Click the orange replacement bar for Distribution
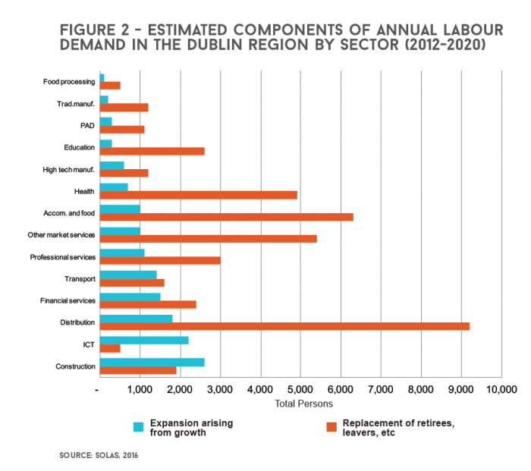click(284, 326)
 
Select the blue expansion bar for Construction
click(152, 362)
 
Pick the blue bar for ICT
click(144, 341)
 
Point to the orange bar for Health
click(198, 195)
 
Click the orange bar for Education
click(152, 151)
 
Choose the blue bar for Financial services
click(130, 297)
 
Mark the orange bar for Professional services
click(160, 260)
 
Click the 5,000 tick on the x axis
click(300, 389)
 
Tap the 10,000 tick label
click(501, 389)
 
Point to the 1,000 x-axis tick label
click(139, 389)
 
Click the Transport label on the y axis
click(80, 279)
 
